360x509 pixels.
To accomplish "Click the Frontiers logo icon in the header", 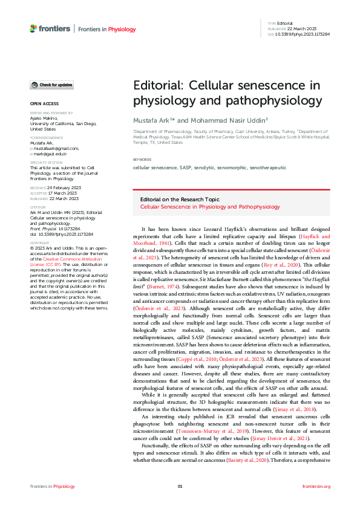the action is tap(34, 28).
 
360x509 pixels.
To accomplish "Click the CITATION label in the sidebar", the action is tap(38, 207).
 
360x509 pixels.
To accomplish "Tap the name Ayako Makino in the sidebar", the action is tap(43, 118).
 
